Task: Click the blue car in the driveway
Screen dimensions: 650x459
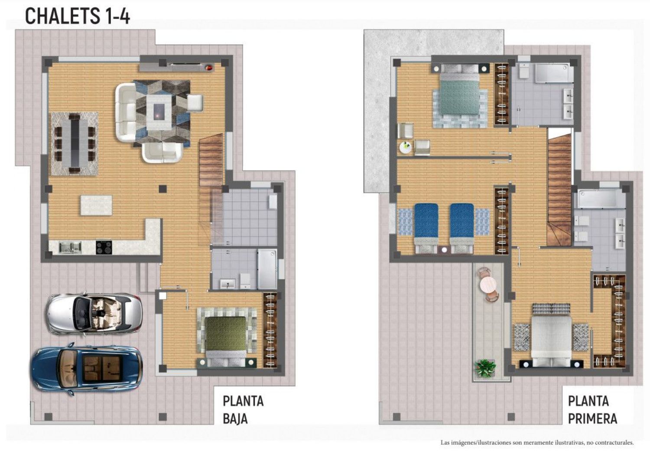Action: point(87,368)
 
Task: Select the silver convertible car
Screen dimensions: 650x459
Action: point(94,314)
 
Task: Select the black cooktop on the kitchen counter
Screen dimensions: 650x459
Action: point(104,248)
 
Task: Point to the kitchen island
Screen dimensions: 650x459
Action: point(96,205)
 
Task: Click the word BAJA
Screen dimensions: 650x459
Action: point(235,419)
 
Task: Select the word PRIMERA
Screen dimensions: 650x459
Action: point(592,419)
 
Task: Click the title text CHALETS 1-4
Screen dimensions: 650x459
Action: point(78,16)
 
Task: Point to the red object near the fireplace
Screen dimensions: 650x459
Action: point(209,68)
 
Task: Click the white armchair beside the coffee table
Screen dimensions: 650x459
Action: point(195,103)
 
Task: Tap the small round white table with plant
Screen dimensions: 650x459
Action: point(405,147)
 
